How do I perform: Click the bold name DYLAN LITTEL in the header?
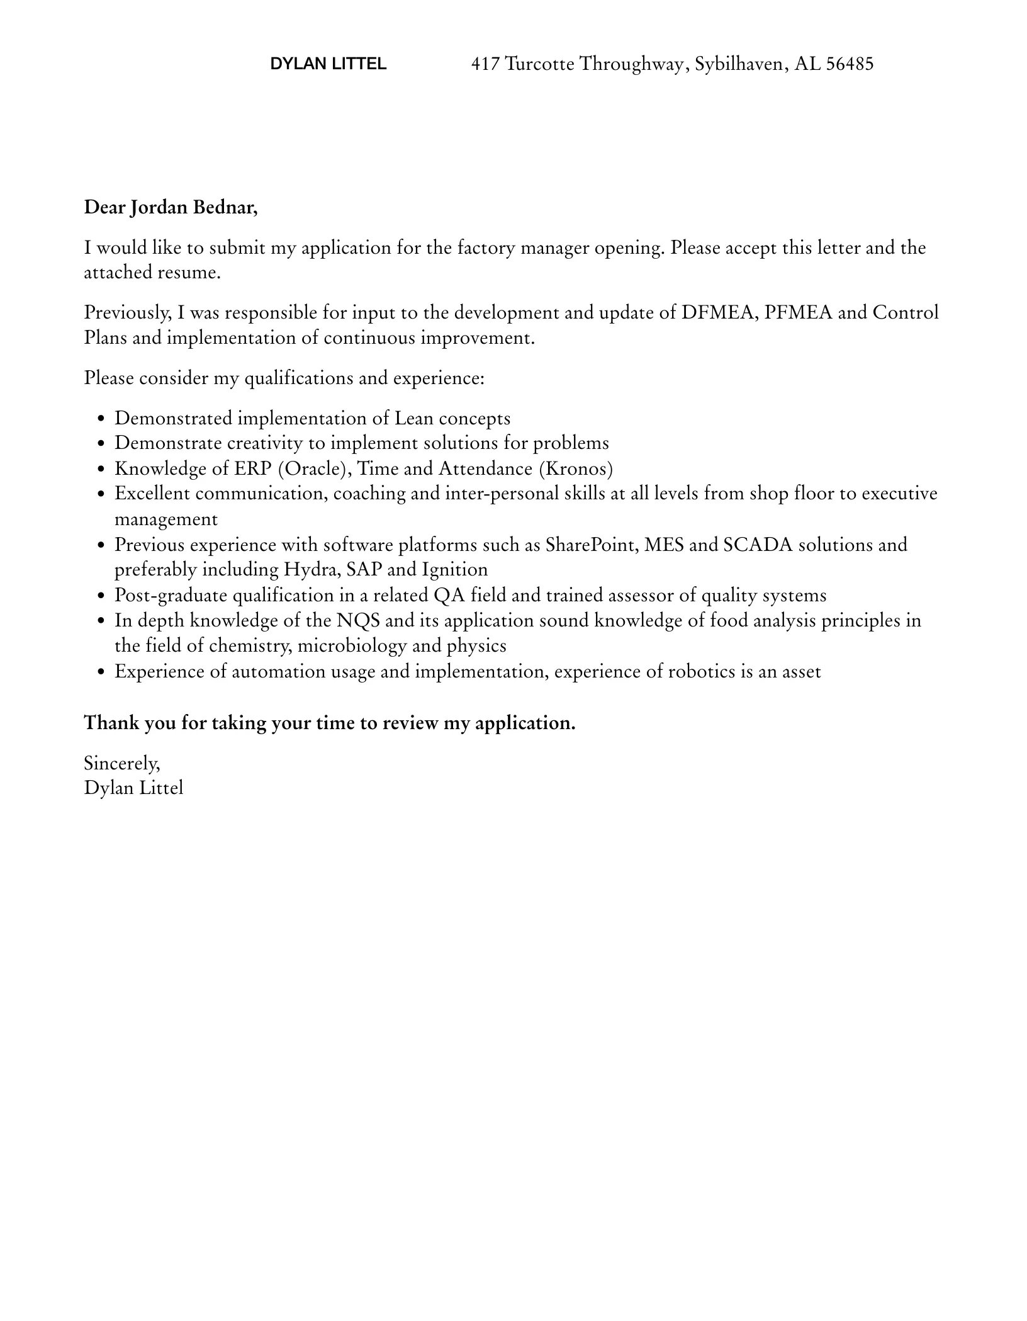click(x=328, y=64)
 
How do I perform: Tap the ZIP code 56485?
click(x=850, y=64)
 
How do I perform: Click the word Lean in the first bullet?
click(x=413, y=419)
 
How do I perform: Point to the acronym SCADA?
click(x=758, y=545)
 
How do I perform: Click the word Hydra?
click(x=312, y=570)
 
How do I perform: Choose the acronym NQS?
click(x=358, y=621)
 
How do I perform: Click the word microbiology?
click(x=352, y=646)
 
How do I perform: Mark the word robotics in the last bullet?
click(x=701, y=672)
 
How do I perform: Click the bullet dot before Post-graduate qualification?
click(x=102, y=596)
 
